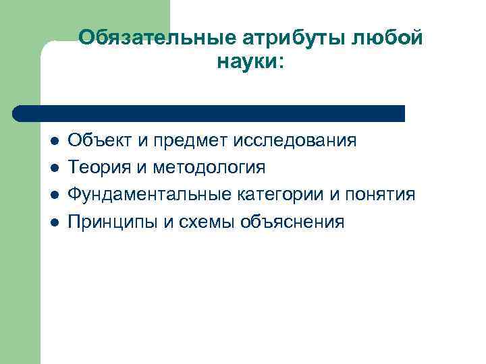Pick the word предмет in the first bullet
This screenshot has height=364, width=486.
(x=192, y=141)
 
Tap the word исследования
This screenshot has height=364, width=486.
(x=296, y=141)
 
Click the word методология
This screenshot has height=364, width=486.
(x=209, y=168)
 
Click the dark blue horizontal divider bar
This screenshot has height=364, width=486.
(x=209, y=113)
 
